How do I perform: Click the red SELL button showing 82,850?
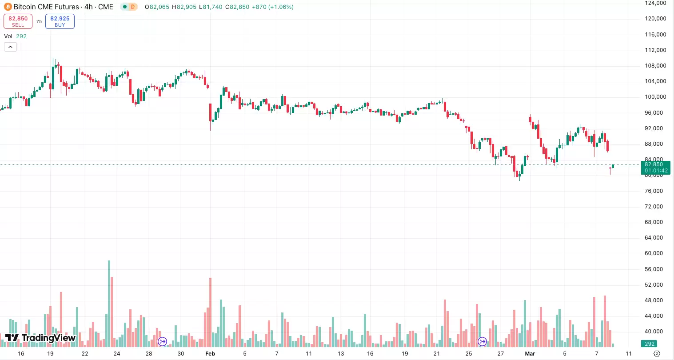coord(18,21)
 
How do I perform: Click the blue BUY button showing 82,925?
coord(60,21)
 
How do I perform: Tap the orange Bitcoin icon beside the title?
coord(8,7)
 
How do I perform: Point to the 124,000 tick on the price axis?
coord(655,3)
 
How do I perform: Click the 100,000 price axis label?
coord(655,97)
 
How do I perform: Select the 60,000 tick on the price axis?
coord(655,253)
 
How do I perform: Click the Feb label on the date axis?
coord(210,354)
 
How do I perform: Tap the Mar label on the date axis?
coord(530,354)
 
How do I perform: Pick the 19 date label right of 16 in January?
coord(51,354)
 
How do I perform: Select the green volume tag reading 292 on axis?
coord(650,344)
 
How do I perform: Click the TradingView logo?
coord(40,338)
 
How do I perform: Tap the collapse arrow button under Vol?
coord(10,47)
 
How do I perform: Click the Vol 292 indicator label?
coord(16,36)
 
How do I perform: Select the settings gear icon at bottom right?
coord(657,354)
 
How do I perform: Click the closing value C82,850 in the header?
coord(237,7)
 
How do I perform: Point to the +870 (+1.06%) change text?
coord(272,7)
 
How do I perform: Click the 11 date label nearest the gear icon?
coord(629,354)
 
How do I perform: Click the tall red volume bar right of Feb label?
coord(211,311)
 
